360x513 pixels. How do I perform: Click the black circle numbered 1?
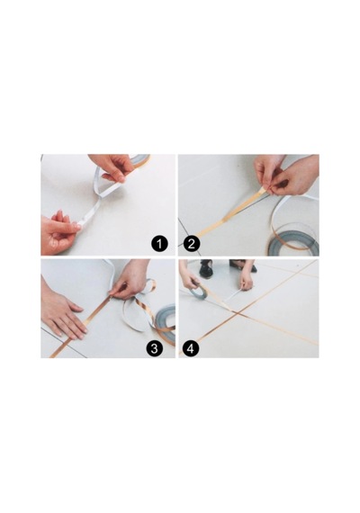pyautogui.click(x=159, y=244)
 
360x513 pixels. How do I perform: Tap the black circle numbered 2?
pyautogui.click(x=192, y=244)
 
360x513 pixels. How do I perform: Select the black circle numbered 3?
pyautogui.click(x=154, y=348)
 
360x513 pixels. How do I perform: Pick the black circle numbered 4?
pyautogui.click(x=191, y=348)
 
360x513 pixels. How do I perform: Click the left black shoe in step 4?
pyautogui.click(x=206, y=267)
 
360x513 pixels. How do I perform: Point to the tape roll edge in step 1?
pyautogui.click(x=140, y=160)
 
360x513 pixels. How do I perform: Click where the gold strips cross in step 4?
pyautogui.click(x=238, y=313)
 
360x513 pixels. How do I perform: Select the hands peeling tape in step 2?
pyautogui.click(x=286, y=175)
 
